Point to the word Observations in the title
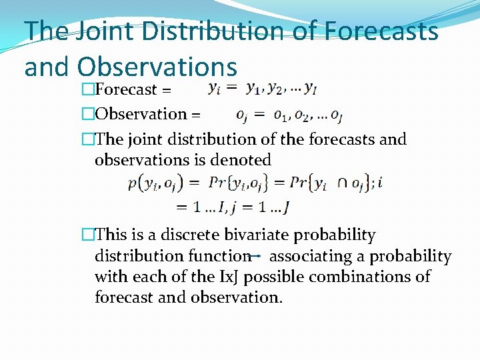[x=157, y=67]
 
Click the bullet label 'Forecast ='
[x=133, y=89]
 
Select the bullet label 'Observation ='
[x=147, y=114]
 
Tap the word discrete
[x=186, y=235]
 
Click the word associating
[x=313, y=256]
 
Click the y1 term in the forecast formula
[x=253, y=89]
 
